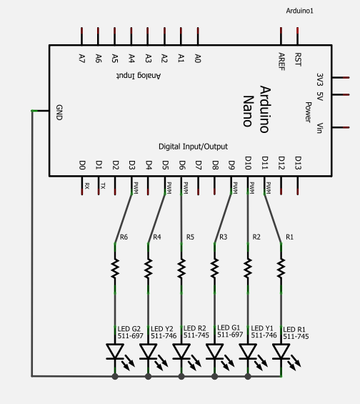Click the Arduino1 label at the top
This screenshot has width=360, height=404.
[x=299, y=11]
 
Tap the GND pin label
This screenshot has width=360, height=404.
[x=59, y=112]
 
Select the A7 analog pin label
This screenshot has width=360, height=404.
[x=82, y=58]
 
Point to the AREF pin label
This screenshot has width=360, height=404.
[x=281, y=61]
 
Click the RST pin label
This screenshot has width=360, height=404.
[x=298, y=59]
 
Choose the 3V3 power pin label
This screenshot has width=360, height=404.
[x=320, y=79]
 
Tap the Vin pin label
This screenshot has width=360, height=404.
[x=319, y=128]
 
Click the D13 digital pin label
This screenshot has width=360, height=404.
[x=298, y=163]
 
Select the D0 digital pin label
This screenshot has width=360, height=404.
[x=82, y=165]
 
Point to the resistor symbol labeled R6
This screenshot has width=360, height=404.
[x=115, y=268]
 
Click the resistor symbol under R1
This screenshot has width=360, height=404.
[x=281, y=268]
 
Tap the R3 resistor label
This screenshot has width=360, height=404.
[x=223, y=237]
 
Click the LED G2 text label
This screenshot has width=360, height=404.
[x=129, y=329]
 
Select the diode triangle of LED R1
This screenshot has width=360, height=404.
[x=281, y=351]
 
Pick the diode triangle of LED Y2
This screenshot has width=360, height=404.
[x=149, y=351]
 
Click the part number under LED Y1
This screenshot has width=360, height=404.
[x=264, y=335]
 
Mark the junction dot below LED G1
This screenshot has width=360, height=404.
[x=214, y=376]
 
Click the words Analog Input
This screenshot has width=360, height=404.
[x=139, y=76]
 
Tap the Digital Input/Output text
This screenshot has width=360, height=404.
[x=193, y=147]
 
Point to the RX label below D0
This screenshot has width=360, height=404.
[x=87, y=186]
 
